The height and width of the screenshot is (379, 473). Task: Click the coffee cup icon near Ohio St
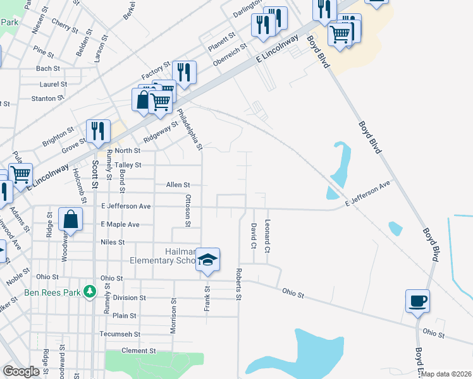(x=417, y=301)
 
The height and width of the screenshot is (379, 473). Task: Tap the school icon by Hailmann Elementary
(x=207, y=260)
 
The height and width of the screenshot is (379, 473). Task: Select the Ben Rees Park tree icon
(x=90, y=292)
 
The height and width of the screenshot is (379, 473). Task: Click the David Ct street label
(x=253, y=235)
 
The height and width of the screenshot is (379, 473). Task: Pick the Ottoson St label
(x=188, y=210)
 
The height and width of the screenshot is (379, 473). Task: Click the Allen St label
(x=178, y=185)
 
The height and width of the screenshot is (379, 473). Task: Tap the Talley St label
(x=128, y=165)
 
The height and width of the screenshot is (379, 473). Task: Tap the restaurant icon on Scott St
(x=98, y=131)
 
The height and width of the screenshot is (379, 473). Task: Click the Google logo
(x=21, y=371)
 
